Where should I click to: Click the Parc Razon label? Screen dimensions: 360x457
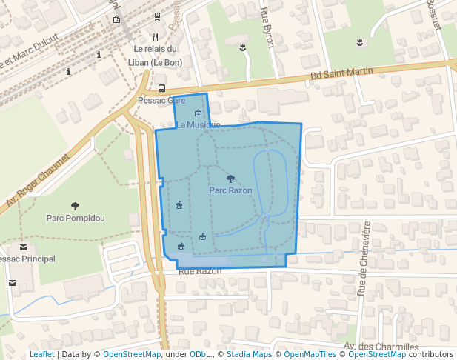click(x=230, y=190)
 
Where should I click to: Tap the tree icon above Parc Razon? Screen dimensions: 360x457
click(x=230, y=179)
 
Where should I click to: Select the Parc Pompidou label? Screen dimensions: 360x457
click(x=75, y=218)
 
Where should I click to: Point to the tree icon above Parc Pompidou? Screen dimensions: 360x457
click(x=75, y=206)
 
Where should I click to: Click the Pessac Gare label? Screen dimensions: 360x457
click(x=161, y=100)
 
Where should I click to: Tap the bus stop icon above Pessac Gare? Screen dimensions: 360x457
click(x=161, y=89)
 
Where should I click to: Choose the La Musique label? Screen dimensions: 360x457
click(x=198, y=124)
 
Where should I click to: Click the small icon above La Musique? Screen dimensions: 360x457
click(x=198, y=113)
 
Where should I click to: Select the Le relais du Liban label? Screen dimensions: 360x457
click(x=156, y=56)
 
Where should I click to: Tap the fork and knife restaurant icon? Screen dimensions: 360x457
click(x=155, y=36)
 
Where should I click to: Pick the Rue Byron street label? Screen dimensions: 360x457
click(x=267, y=28)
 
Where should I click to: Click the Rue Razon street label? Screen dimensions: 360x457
click(x=200, y=271)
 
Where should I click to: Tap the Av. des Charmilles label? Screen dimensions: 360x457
click(x=381, y=347)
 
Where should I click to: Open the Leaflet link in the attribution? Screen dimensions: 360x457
click(x=41, y=355)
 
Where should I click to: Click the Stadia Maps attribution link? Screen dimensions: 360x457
click(x=249, y=355)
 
